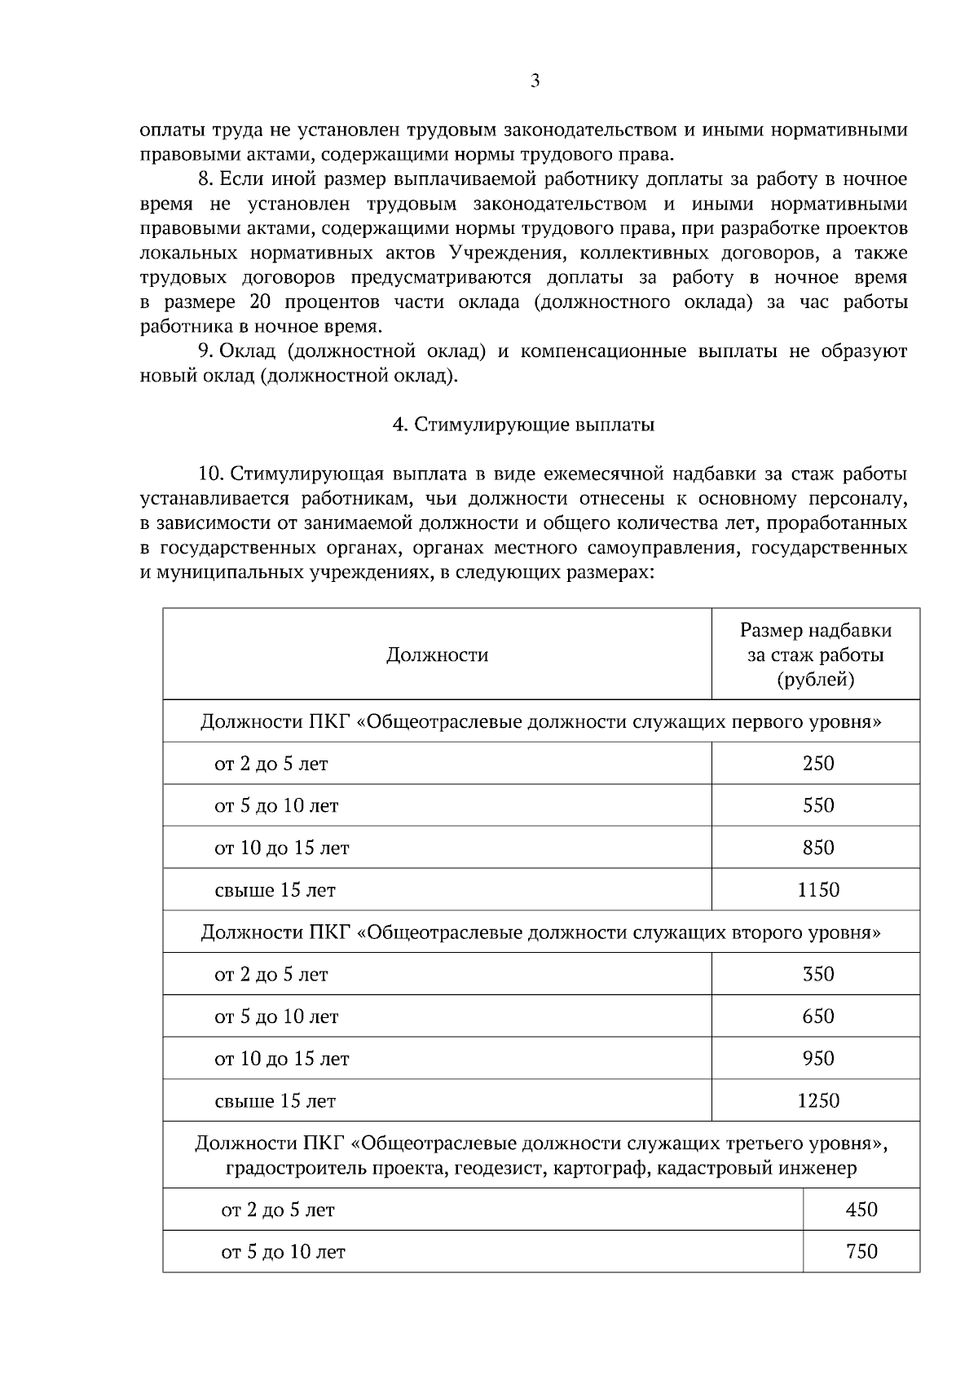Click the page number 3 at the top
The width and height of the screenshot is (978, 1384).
535,81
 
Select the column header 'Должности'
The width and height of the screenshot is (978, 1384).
437,655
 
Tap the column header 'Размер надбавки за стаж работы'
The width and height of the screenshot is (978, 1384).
815,655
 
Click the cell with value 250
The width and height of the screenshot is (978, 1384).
817,764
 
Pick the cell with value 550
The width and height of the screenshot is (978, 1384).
817,805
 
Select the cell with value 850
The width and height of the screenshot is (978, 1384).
817,848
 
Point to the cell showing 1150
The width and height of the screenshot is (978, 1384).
817,890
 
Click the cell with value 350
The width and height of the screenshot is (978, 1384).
817,974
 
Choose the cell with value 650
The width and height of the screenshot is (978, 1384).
817,1016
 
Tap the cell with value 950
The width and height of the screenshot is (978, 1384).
817,1059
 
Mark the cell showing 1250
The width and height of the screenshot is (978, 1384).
817,1101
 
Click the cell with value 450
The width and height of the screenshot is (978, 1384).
861,1210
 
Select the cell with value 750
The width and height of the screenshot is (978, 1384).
861,1251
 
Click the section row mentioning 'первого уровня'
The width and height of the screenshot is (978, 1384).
541,722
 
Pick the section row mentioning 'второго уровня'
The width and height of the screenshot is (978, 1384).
541,932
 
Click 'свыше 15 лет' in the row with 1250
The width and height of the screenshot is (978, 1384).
275,1101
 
